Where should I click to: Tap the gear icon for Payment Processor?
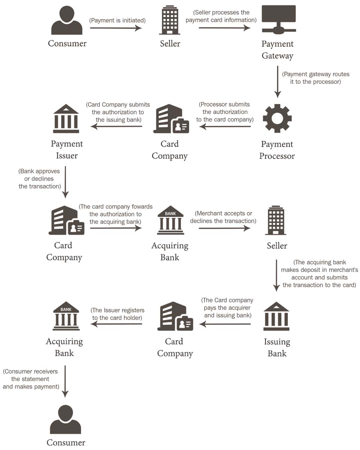click(277, 118)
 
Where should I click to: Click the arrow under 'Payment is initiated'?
click(116, 28)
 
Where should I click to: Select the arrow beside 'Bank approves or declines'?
click(65, 182)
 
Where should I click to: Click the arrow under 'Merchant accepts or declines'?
click(224, 228)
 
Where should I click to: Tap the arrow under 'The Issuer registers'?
click(116, 324)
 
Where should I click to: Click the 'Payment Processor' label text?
click(277, 150)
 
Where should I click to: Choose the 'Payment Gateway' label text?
click(277, 50)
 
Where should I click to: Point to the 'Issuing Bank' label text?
click(277, 348)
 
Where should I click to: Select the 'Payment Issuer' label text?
click(67, 150)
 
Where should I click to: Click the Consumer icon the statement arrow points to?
click(66, 420)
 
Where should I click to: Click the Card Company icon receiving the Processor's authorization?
click(171, 119)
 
